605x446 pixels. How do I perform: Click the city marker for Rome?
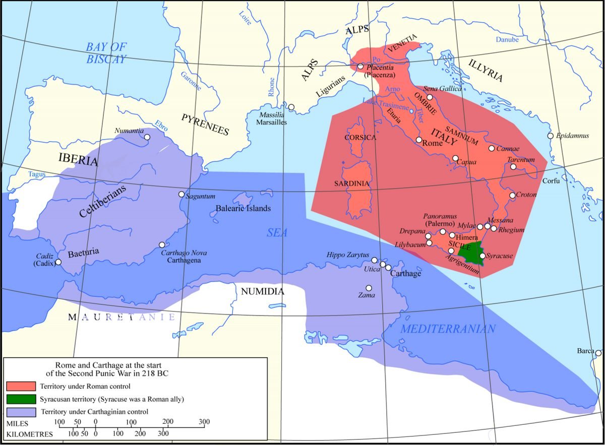tap(418, 140)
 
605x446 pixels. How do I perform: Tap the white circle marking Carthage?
tap(389, 268)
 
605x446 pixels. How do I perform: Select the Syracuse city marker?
tap(482, 256)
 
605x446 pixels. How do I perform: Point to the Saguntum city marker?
tap(181, 194)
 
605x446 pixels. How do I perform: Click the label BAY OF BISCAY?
tap(106, 53)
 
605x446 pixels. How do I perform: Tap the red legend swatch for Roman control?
tap(21, 387)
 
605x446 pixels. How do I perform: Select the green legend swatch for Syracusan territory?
tap(21, 399)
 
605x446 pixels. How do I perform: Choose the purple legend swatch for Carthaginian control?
tap(21, 412)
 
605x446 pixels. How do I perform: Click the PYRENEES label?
tap(206, 124)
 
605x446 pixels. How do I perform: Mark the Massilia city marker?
tap(291, 107)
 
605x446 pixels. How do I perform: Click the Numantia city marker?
tap(147, 137)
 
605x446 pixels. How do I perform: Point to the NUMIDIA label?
tap(262, 291)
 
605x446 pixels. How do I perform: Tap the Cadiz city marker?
tap(58, 262)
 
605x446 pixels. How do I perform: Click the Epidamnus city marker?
tap(550, 136)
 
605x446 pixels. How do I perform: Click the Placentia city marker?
tap(360, 66)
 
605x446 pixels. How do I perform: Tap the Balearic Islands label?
tap(243, 208)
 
